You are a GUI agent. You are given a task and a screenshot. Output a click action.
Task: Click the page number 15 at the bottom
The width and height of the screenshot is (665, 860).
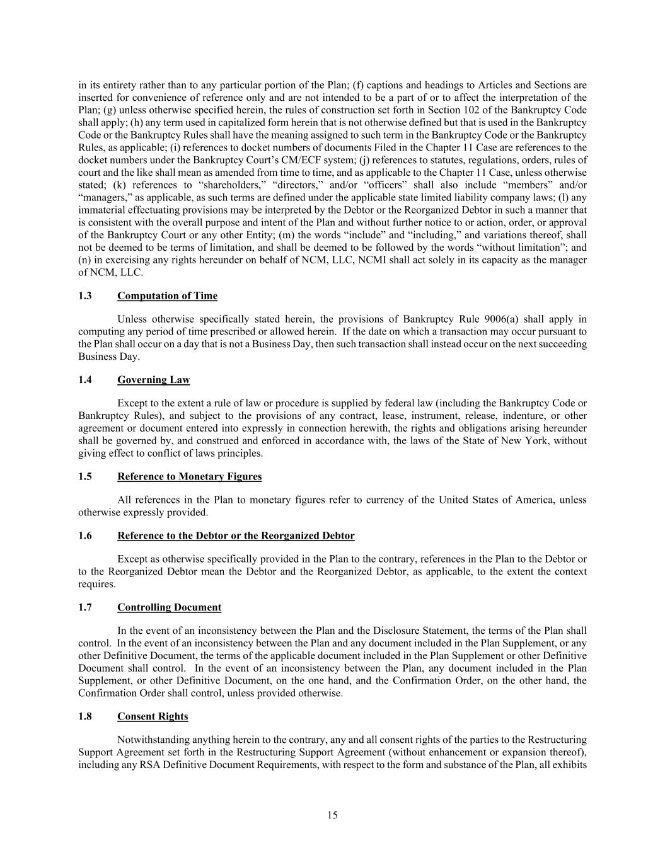[x=332, y=815]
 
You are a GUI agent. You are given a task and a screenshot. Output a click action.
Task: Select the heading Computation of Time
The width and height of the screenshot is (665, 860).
[x=167, y=296]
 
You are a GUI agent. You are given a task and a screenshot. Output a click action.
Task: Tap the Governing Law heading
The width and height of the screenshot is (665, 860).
[x=153, y=380]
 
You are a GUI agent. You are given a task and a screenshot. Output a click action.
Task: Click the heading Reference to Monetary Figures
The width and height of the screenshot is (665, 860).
[x=189, y=476]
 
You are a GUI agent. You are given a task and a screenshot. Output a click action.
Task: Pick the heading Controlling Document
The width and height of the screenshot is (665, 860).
[x=169, y=607]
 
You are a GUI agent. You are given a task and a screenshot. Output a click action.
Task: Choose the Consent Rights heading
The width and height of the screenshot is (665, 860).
[x=153, y=716]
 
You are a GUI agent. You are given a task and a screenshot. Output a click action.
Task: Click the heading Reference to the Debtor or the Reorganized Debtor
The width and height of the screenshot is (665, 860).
[x=236, y=536]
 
